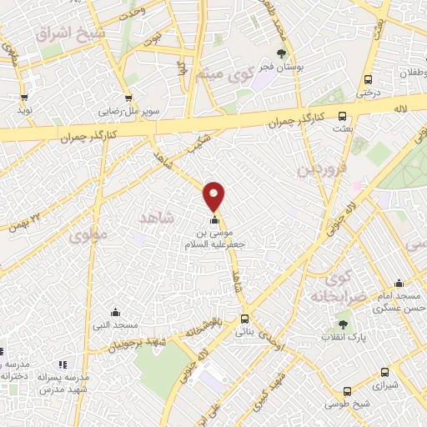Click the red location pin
tap(214, 195)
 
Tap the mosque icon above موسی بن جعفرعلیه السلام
tap(215, 220)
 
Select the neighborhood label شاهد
tap(155, 217)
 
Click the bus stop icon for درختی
tap(367, 80)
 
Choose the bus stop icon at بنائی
tap(244, 319)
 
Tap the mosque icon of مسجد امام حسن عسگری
tap(399, 282)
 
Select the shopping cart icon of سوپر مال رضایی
tap(128, 98)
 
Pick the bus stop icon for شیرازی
tap(383, 373)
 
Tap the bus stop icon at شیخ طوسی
tap(347, 390)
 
